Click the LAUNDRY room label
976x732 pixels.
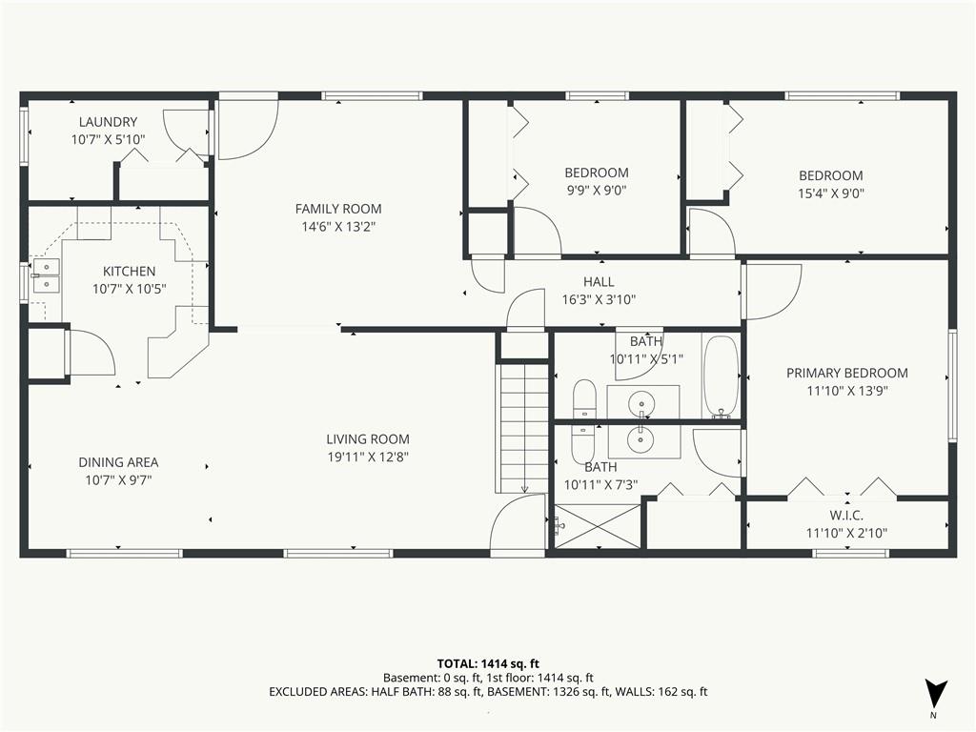[108, 122]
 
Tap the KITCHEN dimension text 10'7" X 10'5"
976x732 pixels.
[129, 289]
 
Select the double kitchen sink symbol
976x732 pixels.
[45, 275]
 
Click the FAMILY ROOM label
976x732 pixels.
[337, 209]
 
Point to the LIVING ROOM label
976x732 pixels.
[368, 439]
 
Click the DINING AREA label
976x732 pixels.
[118, 462]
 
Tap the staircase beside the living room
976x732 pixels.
[523, 429]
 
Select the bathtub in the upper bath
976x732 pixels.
[722, 376]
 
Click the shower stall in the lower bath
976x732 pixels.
[599, 526]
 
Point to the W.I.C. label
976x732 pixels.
[846, 515]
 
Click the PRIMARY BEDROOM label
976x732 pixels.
[846, 374]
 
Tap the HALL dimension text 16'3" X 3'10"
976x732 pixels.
[599, 299]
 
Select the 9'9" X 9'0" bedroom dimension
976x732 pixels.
[596, 190]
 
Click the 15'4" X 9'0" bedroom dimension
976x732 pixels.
[830, 193]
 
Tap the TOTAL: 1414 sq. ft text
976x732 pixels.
[488, 663]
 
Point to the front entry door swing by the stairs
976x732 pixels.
[517, 526]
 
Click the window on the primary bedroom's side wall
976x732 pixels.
[951, 385]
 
